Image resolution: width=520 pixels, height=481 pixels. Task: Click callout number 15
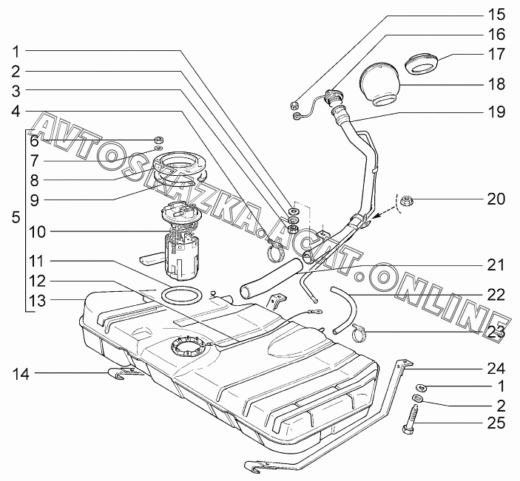pos(496,14)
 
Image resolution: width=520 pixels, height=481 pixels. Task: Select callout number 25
pos(496,423)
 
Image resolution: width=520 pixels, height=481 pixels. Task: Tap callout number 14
pos(20,375)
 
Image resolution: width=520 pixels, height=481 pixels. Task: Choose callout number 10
pos(36,231)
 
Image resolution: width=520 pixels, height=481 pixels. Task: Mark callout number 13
pos(36,300)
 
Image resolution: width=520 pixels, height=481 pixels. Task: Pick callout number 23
pos(496,332)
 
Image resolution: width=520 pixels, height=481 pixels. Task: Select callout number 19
pos(496,112)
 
